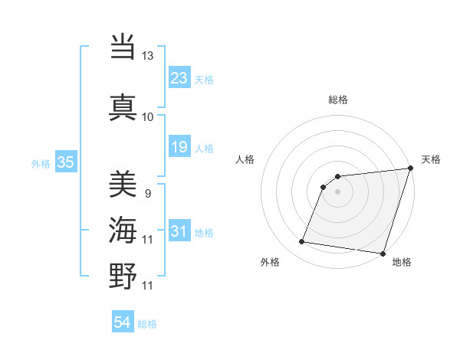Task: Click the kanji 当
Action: [123, 47]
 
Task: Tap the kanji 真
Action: [123, 106]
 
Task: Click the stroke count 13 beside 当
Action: [148, 56]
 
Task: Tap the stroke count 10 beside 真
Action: [148, 117]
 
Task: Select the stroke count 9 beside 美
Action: [147, 194]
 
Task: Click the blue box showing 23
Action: [179, 78]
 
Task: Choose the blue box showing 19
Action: [179, 147]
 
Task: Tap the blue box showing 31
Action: [179, 231]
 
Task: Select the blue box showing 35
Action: [66, 162]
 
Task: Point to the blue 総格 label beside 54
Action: [147, 324]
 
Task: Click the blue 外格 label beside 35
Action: [41, 164]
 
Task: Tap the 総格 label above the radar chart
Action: [338, 100]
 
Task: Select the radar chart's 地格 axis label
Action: [402, 263]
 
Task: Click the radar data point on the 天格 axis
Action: [411, 169]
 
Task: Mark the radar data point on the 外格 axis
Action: [302, 242]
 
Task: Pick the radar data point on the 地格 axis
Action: [383, 254]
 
